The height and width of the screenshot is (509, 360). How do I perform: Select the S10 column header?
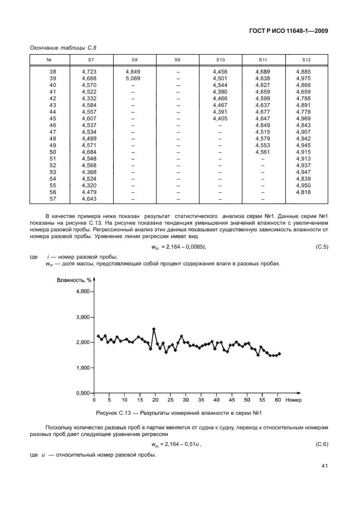tap(220, 59)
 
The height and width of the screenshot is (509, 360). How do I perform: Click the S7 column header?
tap(91, 59)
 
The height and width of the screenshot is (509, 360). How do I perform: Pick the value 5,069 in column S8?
tap(133, 79)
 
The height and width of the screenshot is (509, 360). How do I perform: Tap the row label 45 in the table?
tap(53, 118)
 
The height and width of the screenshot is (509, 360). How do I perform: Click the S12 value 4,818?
tap(306, 192)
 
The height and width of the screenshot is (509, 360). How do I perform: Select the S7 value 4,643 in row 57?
tap(89, 198)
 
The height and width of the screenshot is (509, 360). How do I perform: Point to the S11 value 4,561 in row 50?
tap(263, 152)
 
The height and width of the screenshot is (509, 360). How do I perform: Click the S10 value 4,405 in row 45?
tap(220, 118)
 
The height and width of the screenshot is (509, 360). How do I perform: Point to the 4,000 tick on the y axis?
tap(81, 292)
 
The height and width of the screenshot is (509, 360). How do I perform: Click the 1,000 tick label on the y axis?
tap(81, 368)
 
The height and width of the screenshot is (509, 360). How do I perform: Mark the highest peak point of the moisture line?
tap(154, 329)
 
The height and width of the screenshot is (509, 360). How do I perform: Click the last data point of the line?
tap(279, 353)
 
